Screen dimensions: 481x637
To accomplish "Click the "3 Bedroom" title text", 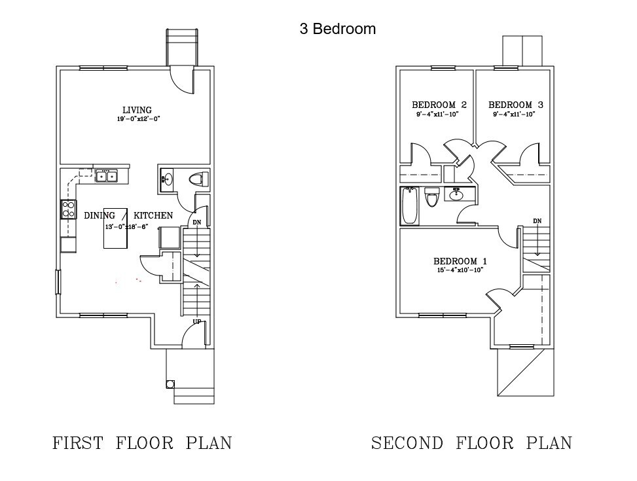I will tap(338, 29).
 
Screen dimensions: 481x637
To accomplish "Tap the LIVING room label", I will tap(137, 110).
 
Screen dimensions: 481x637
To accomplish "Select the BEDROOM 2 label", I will tap(439, 105).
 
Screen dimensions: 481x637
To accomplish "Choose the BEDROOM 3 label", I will tap(515, 105).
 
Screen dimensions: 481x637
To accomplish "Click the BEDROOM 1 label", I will tap(460, 261).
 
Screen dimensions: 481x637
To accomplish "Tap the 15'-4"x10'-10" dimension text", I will tap(460, 270).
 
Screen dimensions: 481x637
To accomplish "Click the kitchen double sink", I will tap(106, 175).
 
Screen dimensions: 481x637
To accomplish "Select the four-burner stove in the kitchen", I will tap(68, 209).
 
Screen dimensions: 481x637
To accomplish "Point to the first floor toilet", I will tap(198, 179).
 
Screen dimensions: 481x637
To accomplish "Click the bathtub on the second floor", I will tap(410, 205).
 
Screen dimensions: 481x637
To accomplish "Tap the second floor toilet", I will tap(431, 196).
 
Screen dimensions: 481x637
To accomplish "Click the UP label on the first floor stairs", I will tap(196, 321).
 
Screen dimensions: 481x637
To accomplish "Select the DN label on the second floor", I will tap(537, 221).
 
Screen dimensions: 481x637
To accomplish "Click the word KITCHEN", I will tap(153, 215).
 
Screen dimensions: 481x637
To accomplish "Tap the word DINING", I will tap(100, 215).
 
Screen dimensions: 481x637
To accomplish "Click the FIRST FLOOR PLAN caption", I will tap(142, 443).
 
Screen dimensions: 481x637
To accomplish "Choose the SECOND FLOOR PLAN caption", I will tap(471, 443).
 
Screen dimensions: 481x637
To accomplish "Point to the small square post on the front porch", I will tap(171, 384).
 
